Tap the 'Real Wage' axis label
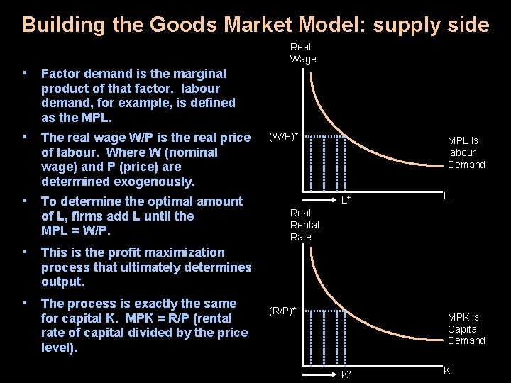click(x=303, y=53)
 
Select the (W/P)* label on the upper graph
click(x=282, y=137)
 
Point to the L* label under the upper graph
click(x=346, y=201)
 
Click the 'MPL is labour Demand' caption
click(x=466, y=152)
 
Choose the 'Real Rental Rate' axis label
click(x=304, y=225)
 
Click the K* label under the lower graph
click(x=346, y=374)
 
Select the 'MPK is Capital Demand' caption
click(x=466, y=329)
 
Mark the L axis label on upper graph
click(x=446, y=195)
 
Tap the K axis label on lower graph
click(x=446, y=370)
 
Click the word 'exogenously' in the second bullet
click(x=160, y=182)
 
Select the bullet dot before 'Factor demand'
click(x=25, y=72)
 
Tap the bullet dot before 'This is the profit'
click(x=25, y=251)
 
